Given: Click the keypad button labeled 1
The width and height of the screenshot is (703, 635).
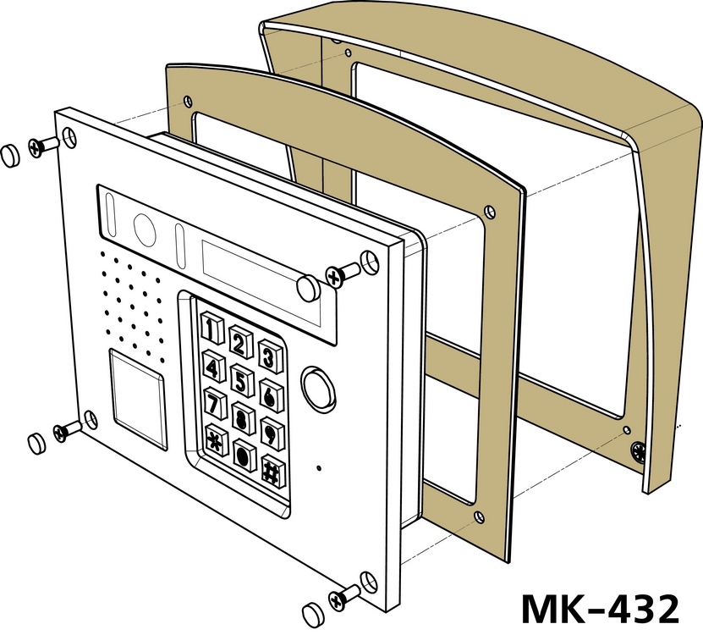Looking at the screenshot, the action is click(x=211, y=328).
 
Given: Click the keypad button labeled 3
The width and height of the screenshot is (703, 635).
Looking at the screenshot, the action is click(x=271, y=356).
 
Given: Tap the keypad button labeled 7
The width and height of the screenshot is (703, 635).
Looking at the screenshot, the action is click(x=214, y=402).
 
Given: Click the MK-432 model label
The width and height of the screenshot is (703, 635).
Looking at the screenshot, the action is click(x=600, y=609).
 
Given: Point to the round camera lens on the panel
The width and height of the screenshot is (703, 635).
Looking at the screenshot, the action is click(x=145, y=229).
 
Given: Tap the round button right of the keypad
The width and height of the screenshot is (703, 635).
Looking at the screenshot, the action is click(x=318, y=387).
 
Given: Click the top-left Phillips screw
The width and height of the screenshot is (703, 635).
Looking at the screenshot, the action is click(x=43, y=146).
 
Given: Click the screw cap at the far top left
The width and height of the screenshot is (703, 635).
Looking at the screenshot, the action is click(x=10, y=155).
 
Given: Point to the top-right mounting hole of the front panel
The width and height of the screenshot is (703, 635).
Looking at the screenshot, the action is click(x=370, y=262).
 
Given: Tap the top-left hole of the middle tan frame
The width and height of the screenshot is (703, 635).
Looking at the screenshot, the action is click(x=188, y=102).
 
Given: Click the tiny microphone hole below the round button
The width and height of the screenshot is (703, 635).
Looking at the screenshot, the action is click(x=319, y=468).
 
